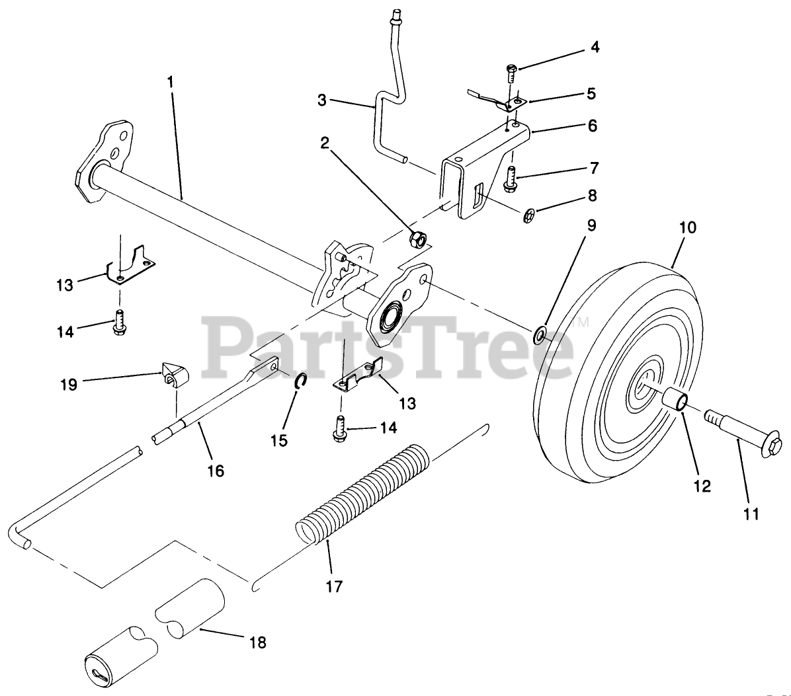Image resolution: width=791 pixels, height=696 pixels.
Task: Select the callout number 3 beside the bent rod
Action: pyautogui.click(x=322, y=100)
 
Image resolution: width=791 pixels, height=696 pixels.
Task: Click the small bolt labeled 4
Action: pyautogui.click(x=513, y=73)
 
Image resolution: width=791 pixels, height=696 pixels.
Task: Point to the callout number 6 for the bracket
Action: pyautogui.click(x=592, y=124)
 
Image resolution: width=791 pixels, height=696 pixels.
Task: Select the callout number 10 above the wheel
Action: pyautogui.click(x=688, y=228)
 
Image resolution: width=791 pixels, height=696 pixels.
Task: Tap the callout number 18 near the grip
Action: pyautogui.click(x=258, y=641)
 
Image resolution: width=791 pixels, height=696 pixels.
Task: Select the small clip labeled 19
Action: pyautogui.click(x=173, y=375)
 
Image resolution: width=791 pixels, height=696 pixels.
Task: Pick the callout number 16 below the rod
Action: pyautogui.click(x=216, y=471)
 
